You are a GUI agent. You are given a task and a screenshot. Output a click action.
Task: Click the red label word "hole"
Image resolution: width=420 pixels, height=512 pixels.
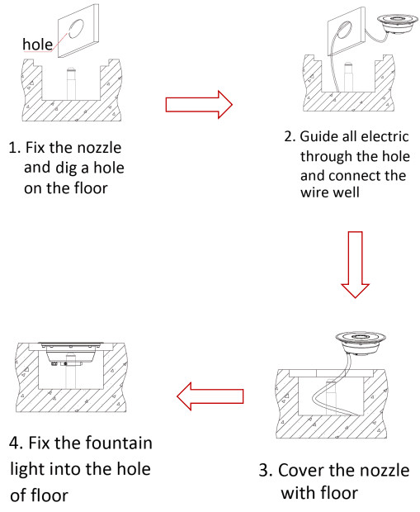point(37,44)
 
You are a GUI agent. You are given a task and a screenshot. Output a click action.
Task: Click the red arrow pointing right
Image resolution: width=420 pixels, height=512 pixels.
point(199,105)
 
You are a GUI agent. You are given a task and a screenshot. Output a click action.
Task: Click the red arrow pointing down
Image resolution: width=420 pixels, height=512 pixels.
point(355,264)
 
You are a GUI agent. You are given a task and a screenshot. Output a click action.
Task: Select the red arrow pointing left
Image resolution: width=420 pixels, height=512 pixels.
point(210,396)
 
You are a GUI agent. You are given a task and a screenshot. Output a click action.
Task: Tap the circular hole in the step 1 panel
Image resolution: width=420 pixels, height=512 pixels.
point(76,29)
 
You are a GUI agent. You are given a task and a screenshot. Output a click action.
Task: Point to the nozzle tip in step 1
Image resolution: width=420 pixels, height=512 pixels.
point(71,69)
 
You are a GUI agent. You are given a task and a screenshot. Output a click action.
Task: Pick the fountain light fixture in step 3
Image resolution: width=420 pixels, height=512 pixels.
point(361,343)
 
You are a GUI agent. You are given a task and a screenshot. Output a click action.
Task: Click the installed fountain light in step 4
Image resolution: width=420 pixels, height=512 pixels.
point(71,353)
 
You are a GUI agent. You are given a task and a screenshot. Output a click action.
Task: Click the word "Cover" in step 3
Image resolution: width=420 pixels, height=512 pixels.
point(300,471)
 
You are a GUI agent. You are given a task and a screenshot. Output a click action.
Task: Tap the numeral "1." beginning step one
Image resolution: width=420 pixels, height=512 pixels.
point(15,148)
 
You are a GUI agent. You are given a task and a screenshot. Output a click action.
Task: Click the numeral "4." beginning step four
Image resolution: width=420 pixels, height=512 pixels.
point(16,443)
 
